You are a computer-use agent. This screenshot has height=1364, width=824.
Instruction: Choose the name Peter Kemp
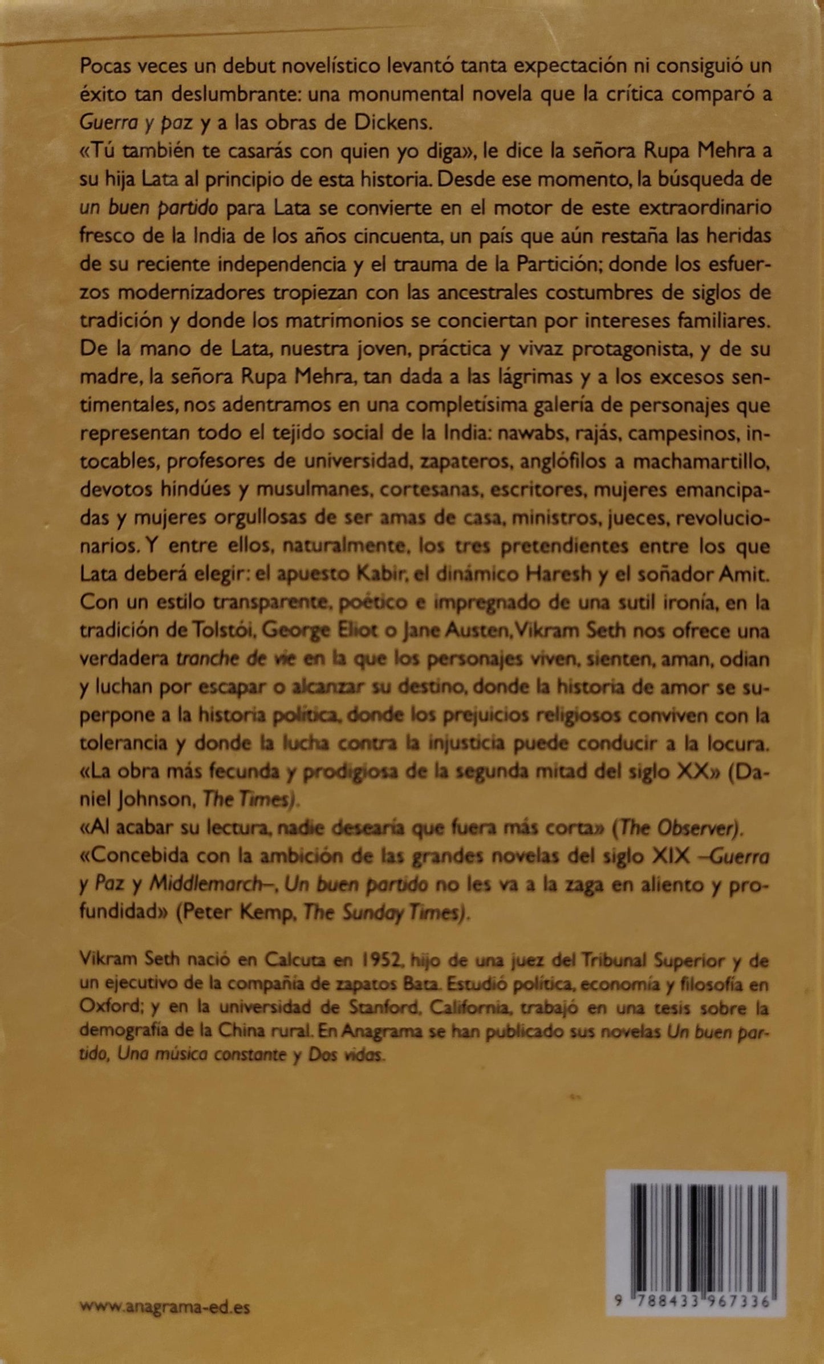pos(238,914)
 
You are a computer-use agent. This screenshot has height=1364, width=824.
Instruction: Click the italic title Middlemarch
pos(211,886)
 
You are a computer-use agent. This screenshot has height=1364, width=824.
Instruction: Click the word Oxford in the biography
pos(111,1008)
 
